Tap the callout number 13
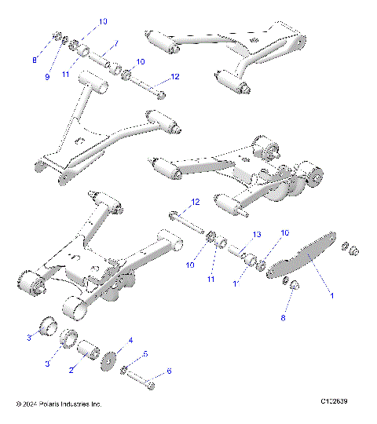[x=255, y=235]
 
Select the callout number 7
[x=115, y=44]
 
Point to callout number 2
[x=71, y=368]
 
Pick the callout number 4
[x=130, y=340]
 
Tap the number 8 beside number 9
[x=34, y=60]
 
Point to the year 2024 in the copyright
[x=29, y=404]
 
